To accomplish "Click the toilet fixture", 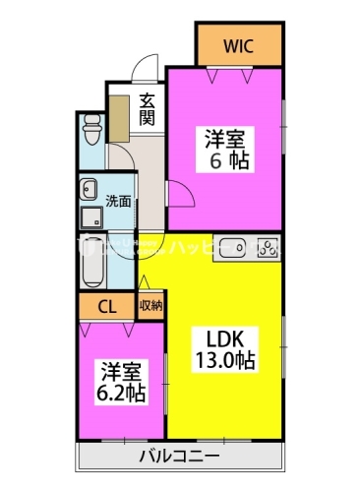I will [x=91, y=128].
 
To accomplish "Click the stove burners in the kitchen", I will [x=265, y=248].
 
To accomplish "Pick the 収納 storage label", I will [x=150, y=307].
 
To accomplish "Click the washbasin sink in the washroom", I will [x=90, y=188].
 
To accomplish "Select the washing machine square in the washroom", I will [x=92, y=215].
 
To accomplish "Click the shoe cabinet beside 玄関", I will [x=119, y=120].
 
